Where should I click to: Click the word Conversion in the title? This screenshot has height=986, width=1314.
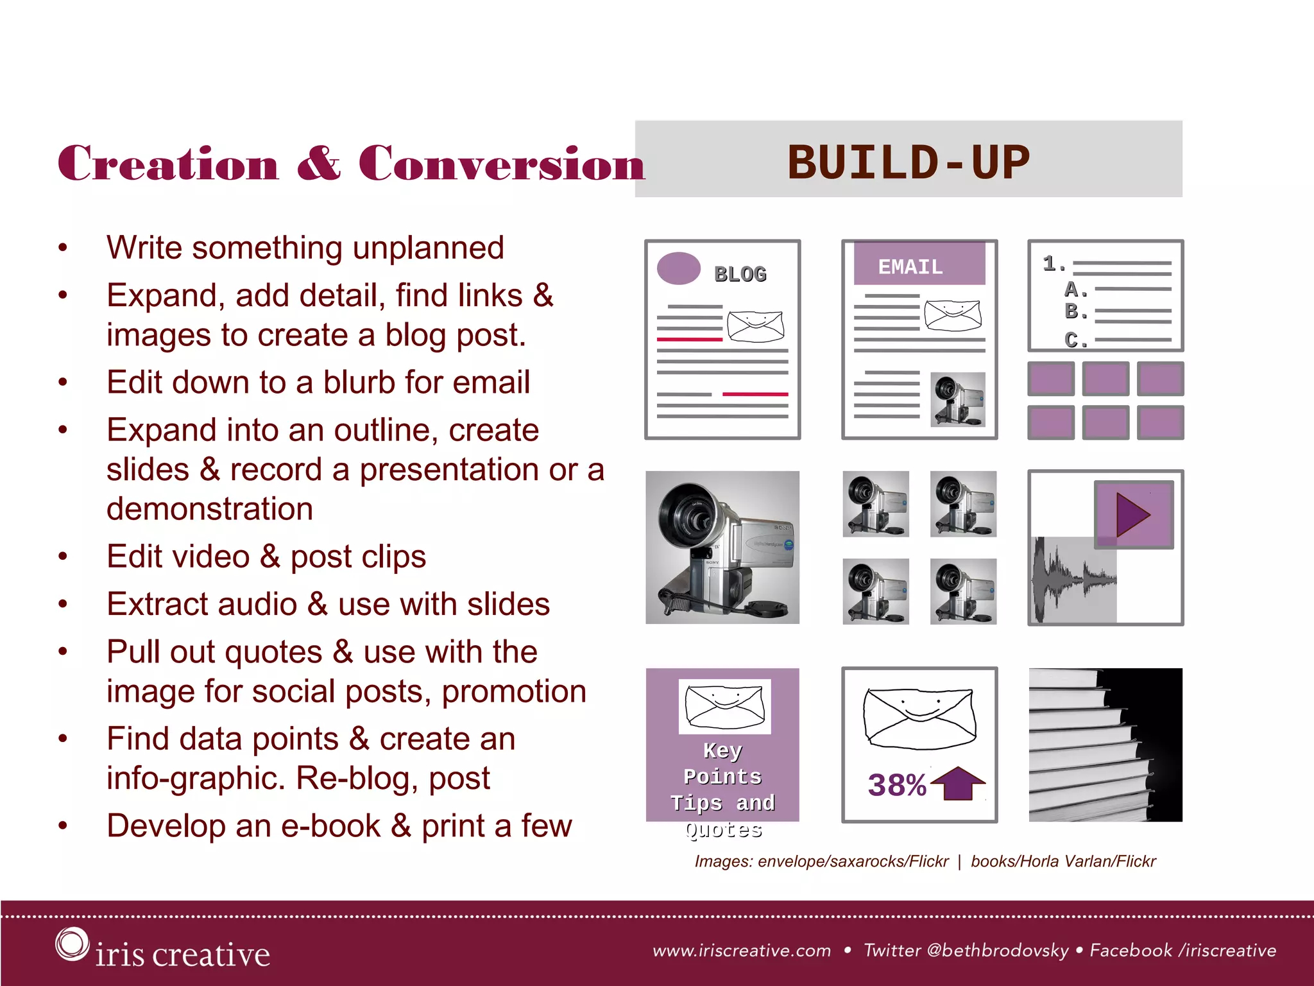click(501, 164)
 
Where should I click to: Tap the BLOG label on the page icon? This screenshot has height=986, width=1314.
click(740, 274)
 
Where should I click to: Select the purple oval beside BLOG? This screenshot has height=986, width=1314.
click(679, 268)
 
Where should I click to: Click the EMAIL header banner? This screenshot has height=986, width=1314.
click(918, 264)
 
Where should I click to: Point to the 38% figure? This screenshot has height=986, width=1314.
click(896, 784)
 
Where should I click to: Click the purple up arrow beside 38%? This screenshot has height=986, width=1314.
click(958, 783)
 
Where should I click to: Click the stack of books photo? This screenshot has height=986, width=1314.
click(1105, 745)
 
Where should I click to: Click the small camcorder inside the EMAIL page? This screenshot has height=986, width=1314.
click(957, 400)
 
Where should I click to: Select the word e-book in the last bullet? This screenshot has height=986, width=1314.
click(330, 826)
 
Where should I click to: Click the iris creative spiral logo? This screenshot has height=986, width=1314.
click(71, 944)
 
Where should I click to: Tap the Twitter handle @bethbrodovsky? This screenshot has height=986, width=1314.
click(998, 950)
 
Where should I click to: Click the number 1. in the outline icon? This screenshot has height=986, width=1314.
click(1053, 263)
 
